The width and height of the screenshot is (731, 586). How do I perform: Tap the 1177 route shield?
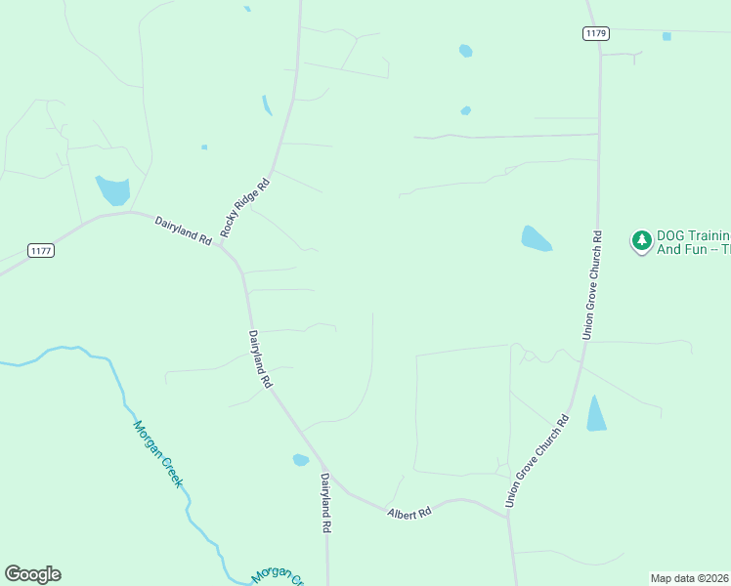[41, 251]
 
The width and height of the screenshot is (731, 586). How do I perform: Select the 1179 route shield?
[596, 33]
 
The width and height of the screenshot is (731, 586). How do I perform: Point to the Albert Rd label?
[408, 513]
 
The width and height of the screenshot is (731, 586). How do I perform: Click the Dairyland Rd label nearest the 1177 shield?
[183, 230]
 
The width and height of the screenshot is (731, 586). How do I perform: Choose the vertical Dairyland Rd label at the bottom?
[326, 502]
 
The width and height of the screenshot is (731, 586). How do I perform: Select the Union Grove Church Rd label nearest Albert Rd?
[537, 461]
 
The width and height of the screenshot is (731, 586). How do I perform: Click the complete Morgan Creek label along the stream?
[158, 453]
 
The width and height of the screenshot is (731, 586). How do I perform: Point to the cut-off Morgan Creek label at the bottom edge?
[279, 576]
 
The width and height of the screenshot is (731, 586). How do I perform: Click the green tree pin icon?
[641, 240]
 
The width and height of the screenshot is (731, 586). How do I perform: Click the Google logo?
[32, 574]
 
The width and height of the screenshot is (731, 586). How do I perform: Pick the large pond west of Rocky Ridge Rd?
[112, 189]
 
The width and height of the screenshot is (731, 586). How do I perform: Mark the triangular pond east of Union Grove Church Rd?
[596, 414]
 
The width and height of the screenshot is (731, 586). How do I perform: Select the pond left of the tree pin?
[535, 238]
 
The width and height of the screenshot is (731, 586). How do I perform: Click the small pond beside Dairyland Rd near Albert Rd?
[301, 460]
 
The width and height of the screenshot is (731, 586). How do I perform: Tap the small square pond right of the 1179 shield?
[666, 36]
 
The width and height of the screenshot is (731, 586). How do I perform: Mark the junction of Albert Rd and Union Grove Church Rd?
[507, 515]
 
